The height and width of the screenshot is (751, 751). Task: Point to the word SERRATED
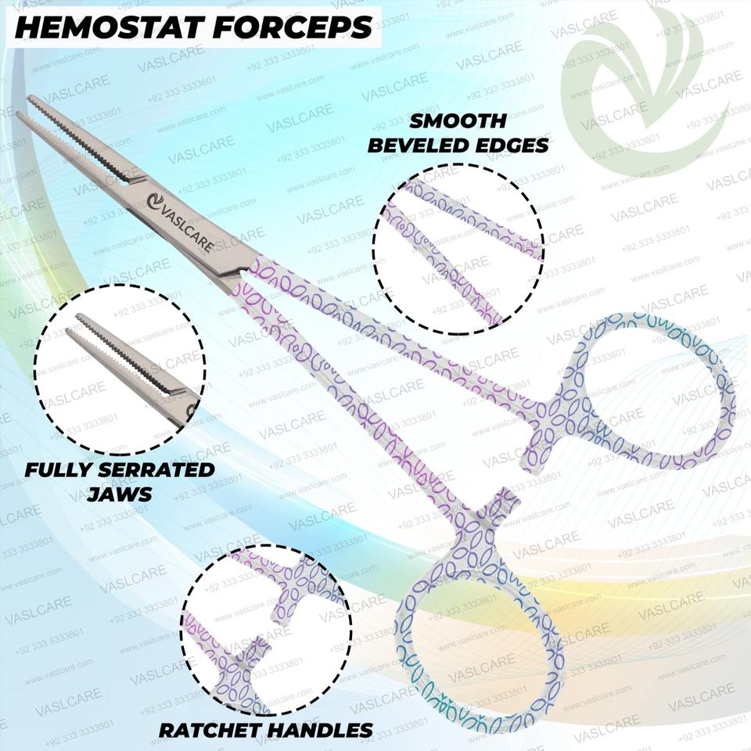click(156, 470)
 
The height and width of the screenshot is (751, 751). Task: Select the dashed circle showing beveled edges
click(458, 249)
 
